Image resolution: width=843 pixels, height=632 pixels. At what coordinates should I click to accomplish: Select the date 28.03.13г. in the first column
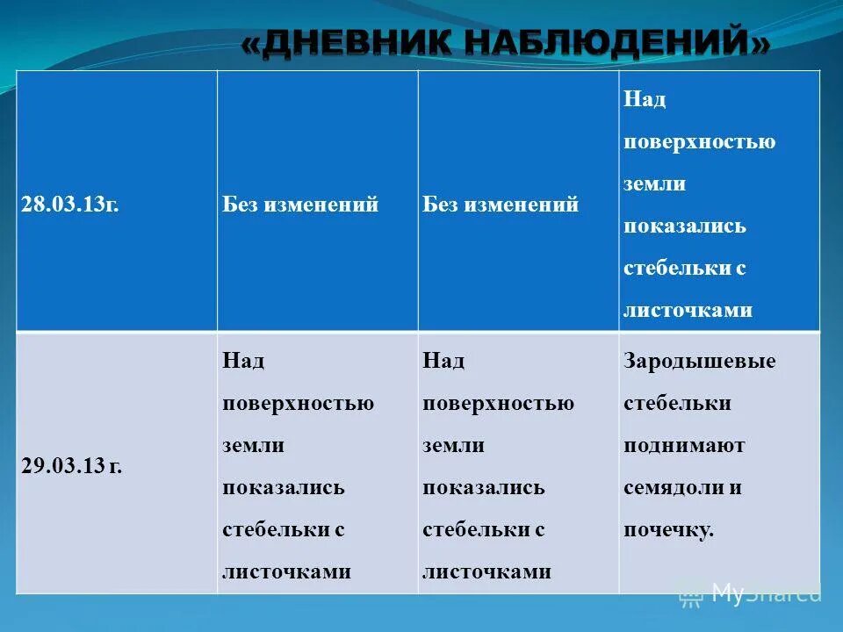(x=70, y=205)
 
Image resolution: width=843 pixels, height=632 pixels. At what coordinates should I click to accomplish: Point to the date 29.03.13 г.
(x=72, y=466)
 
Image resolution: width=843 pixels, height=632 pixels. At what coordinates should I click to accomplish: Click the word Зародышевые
(x=700, y=362)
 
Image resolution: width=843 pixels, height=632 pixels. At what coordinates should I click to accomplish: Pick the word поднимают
(x=684, y=445)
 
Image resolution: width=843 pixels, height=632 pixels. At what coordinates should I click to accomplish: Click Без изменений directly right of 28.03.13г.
(x=300, y=205)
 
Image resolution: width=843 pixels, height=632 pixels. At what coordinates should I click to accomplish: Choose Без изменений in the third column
(x=501, y=205)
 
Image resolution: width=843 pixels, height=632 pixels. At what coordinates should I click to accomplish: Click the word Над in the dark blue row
(x=645, y=99)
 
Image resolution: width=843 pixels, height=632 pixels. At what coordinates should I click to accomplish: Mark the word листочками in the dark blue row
(x=688, y=310)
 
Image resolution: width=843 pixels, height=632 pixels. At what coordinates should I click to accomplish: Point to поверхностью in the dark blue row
(x=700, y=141)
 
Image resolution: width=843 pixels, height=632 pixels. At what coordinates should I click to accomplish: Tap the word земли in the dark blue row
(x=654, y=183)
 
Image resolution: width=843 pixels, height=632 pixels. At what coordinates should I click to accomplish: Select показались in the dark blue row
(x=685, y=226)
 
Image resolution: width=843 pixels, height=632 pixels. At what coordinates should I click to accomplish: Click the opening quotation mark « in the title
(x=252, y=43)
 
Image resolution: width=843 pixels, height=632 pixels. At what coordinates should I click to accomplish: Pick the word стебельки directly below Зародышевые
(x=677, y=403)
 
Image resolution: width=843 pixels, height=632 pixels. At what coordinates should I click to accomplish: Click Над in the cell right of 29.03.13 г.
(x=243, y=362)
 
